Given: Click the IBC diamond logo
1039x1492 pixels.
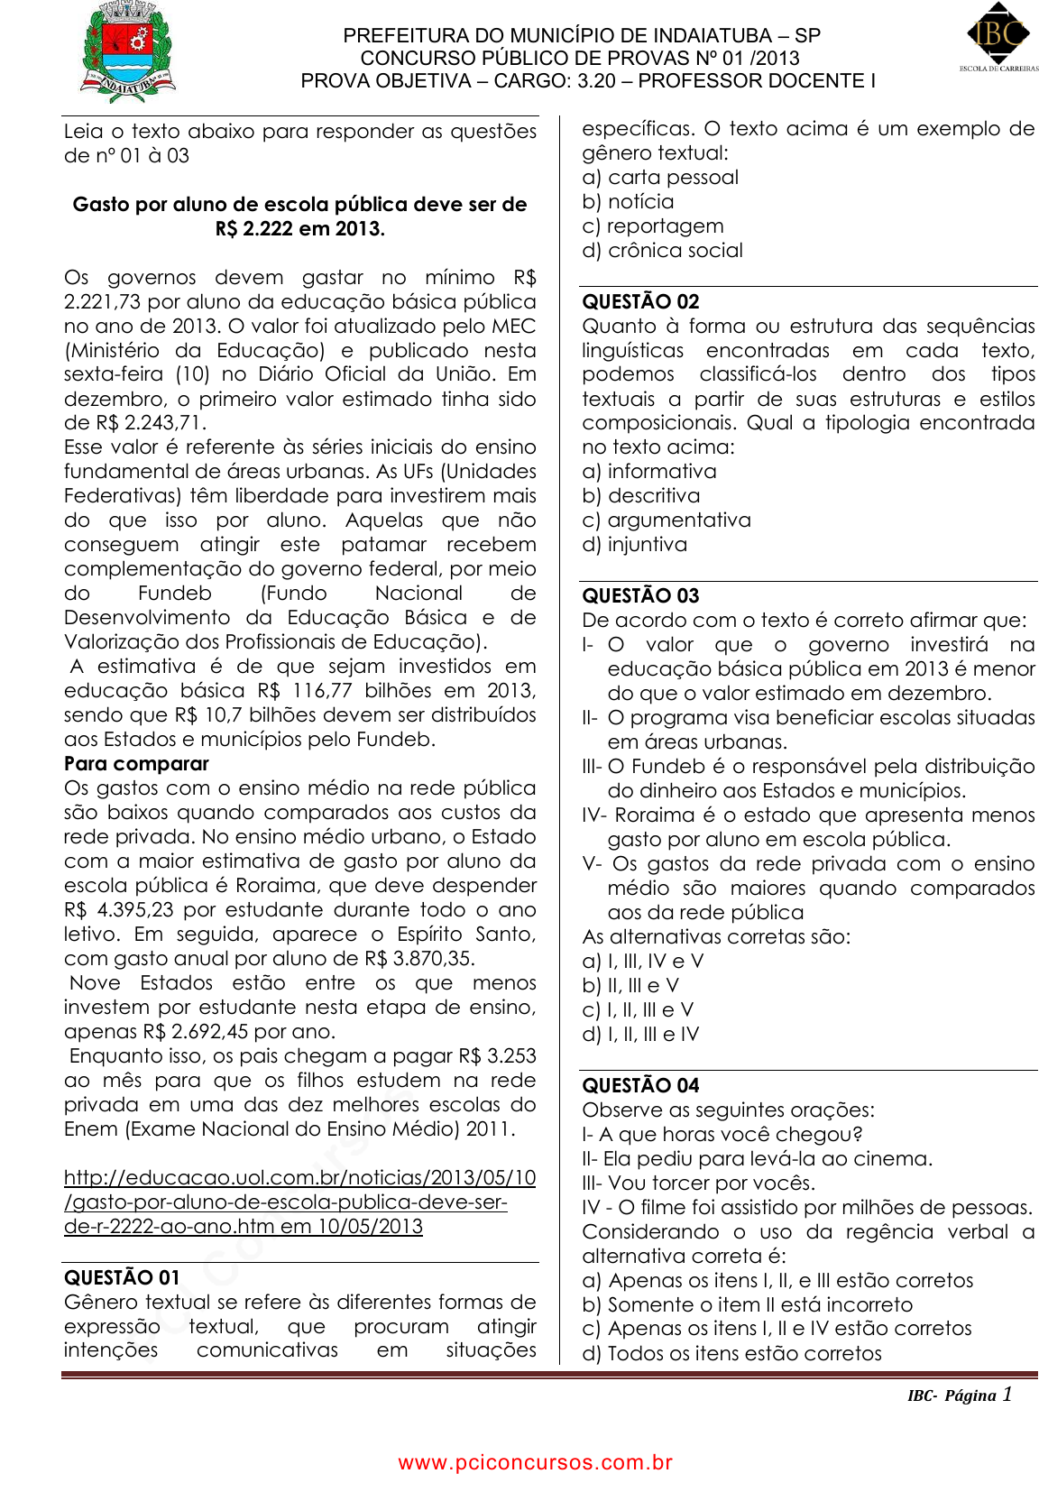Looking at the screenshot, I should (998, 34).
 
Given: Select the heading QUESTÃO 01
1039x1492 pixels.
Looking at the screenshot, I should (122, 1277).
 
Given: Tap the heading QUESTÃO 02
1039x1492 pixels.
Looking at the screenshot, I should (640, 301).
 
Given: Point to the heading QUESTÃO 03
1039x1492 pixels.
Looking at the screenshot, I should (640, 595).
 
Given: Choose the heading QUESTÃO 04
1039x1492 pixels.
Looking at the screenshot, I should (640, 1085).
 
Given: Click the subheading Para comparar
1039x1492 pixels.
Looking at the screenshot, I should (136, 763).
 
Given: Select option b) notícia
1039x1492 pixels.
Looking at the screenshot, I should (628, 201).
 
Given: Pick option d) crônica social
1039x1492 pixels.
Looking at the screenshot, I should (662, 250).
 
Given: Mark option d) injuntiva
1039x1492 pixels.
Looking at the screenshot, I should (634, 544).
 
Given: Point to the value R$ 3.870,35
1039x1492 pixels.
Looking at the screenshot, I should (419, 958).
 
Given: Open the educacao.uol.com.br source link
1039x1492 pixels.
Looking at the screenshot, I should (299, 1202).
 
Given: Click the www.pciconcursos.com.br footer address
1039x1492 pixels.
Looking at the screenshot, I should (535, 1462).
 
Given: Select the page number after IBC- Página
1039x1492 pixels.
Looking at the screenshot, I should (1007, 1394).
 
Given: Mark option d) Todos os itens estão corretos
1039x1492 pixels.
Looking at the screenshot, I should (731, 1353).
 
